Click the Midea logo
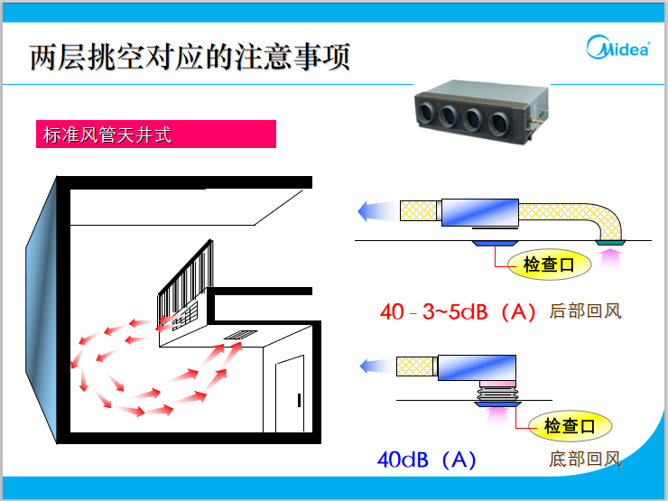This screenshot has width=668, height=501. tap(618, 48)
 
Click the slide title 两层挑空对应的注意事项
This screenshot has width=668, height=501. tap(190, 57)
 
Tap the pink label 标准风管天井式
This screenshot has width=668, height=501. tap(154, 135)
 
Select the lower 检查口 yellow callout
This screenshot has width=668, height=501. tap(570, 426)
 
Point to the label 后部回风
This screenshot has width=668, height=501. tap(585, 312)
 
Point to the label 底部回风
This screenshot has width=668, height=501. tap(585, 459)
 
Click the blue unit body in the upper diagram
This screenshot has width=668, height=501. tap(479, 212)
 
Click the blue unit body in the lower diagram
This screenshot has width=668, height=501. tap(477, 369)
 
